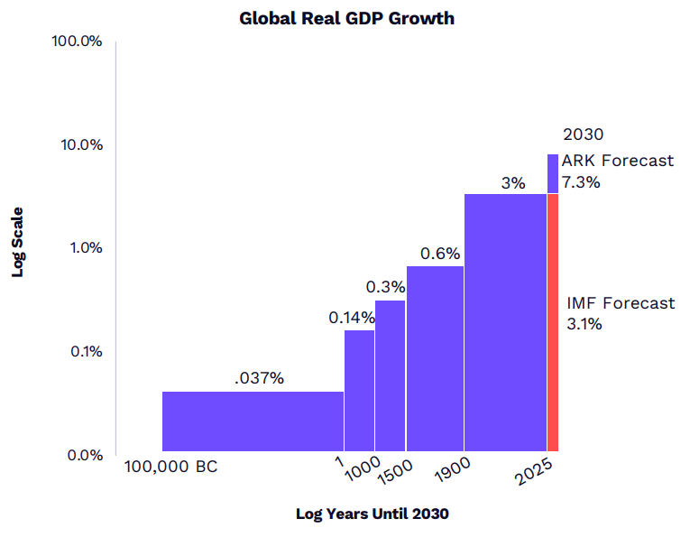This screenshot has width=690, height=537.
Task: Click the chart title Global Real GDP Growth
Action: point(346,18)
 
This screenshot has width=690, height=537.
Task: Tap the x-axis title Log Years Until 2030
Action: point(372,514)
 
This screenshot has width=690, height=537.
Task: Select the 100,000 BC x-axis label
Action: point(171,468)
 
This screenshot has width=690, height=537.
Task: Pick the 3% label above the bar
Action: point(513,183)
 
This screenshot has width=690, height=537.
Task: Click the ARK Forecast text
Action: point(617,162)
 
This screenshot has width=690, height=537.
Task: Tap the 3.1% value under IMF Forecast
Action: point(584,324)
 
